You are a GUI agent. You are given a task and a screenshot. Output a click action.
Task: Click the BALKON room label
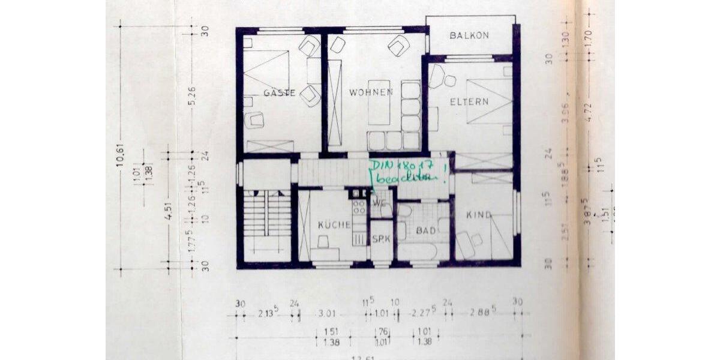coord(469,35)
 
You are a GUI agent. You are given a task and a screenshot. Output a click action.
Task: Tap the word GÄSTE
coord(279,93)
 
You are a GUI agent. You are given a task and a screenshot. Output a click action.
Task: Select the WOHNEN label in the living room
coord(371,92)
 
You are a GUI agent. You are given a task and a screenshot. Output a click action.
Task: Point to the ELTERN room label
coord(469,101)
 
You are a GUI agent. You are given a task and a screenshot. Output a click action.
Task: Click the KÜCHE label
coord(334,225)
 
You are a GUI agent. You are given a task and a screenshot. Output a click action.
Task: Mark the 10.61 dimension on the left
coord(121,157)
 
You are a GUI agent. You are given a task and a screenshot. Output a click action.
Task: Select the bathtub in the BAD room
coord(422,251)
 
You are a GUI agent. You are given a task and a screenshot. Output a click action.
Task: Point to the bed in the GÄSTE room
coord(266,70)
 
